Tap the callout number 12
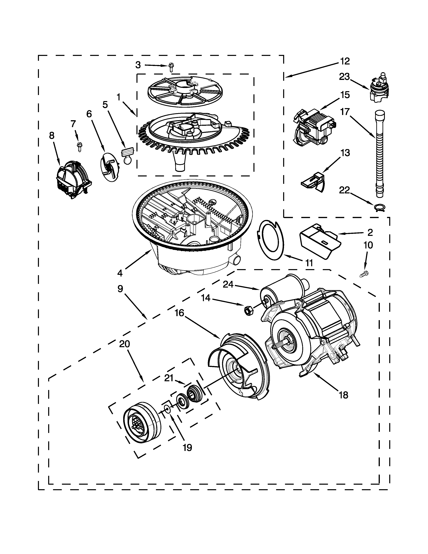[345, 61]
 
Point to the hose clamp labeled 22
[379, 208]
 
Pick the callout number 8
[52, 136]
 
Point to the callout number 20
[125, 344]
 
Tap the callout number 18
[344, 395]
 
